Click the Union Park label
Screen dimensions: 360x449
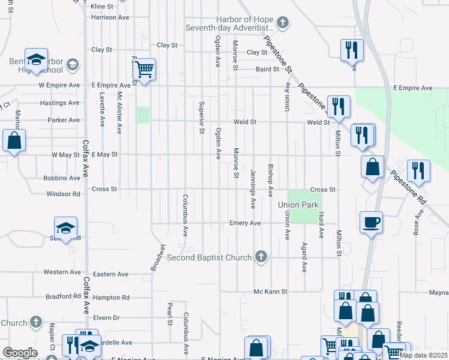tap(298, 205)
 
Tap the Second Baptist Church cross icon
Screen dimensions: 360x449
tap(261, 257)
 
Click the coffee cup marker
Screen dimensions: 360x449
tap(371, 222)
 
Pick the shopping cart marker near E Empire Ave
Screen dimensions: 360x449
tap(144, 70)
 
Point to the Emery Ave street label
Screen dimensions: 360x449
tap(245, 223)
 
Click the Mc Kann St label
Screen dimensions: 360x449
tap(271, 292)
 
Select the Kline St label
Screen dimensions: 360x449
tap(101, 6)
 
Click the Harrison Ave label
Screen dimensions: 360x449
tap(110, 17)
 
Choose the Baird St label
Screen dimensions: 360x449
tap(268, 69)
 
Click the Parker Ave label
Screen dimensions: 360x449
tap(64, 120)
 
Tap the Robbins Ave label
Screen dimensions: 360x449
tap(61, 178)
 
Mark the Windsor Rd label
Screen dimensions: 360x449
tap(64, 194)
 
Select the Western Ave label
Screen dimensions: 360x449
tap(62, 272)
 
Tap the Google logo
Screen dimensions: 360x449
tap(20, 353)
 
